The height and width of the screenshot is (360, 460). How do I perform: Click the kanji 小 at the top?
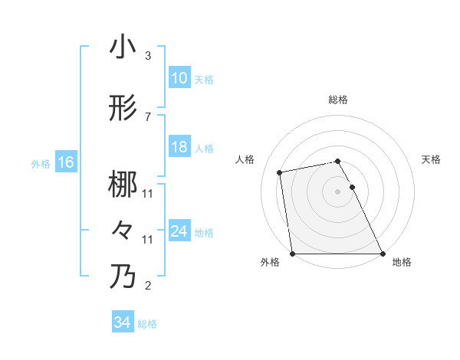[123, 47]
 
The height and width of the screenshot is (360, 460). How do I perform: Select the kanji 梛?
[123, 185]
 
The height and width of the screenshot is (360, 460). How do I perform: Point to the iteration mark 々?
[123, 230]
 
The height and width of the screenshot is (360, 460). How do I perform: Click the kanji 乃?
[123, 277]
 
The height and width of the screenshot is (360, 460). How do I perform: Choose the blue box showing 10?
[179, 79]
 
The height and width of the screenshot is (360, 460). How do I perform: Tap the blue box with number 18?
[179, 148]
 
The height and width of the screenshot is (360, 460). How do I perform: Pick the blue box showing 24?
[179, 231]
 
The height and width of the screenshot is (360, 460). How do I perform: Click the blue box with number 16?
[65, 162]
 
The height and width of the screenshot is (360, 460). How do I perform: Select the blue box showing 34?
[123, 322]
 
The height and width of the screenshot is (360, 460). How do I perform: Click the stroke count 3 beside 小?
[148, 56]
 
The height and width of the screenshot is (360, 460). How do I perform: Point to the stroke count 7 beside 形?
[148, 116]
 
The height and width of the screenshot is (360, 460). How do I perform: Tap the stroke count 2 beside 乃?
[148, 286]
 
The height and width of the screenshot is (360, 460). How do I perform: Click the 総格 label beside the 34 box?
[147, 324]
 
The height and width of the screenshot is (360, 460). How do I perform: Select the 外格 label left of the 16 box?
[41, 163]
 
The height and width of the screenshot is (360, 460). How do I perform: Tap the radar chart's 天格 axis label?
[432, 159]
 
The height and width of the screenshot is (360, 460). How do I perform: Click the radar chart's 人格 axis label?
[245, 159]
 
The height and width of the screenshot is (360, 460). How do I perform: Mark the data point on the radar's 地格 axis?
[383, 253]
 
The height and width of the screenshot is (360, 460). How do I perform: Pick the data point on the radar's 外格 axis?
[292, 253]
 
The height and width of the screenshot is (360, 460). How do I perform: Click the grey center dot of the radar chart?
[337, 191]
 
